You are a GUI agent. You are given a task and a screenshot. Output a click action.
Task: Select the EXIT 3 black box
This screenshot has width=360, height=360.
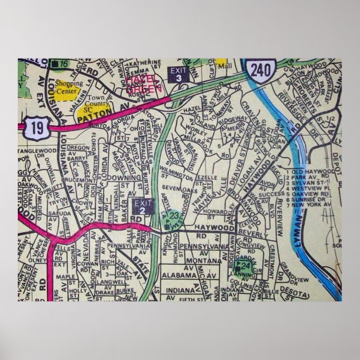[x=177, y=74]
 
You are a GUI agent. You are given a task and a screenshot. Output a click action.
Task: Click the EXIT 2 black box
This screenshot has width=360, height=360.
[x=143, y=207]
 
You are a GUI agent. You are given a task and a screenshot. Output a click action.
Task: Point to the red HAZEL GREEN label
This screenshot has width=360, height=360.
[x=145, y=84]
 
